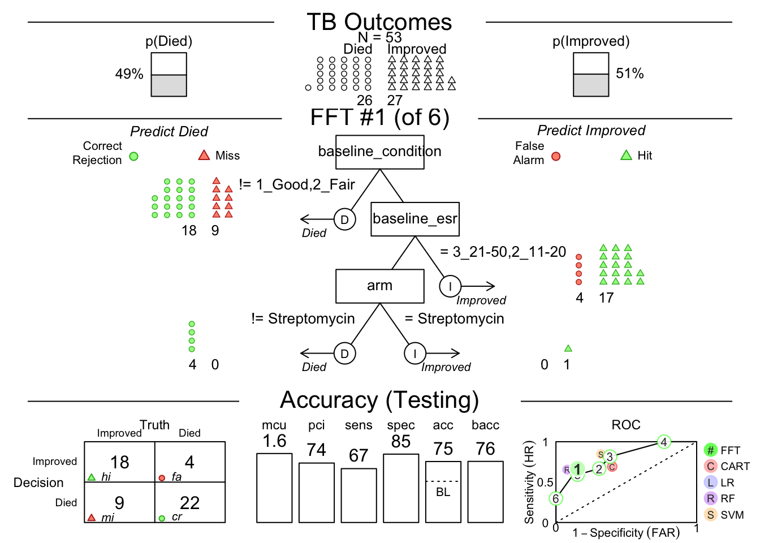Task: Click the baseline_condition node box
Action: click(379, 152)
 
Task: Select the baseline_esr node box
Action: click(414, 219)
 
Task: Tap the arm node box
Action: click(379, 286)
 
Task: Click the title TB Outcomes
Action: click(379, 23)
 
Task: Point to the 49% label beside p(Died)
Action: click(129, 74)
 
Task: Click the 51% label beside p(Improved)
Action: click(629, 74)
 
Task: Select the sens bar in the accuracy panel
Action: click(359, 495)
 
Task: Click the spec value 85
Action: click(401, 442)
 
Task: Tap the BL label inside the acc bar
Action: click(443, 492)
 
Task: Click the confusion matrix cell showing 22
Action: click(190, 502)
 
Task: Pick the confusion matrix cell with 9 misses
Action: click(119, 502)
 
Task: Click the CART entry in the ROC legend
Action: click(727, 467)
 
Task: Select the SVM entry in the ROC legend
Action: click(726, 515)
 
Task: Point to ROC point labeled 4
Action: click(664, 442)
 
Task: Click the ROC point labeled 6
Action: click(556, 499)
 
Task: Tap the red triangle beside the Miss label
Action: click(204, 156)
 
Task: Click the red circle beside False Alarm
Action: click(556, 157)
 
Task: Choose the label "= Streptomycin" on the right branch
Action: click(454, 319)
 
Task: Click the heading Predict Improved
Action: click(591, 131)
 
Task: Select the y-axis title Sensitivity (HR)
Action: click(529, 482)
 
